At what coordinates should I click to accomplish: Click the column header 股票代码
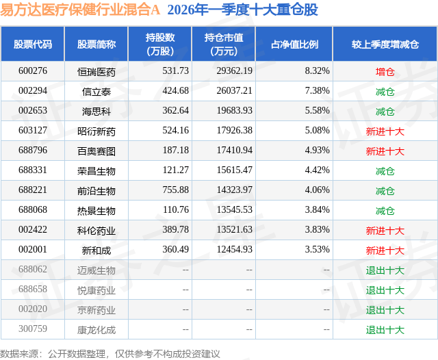pyautogui.click(x=33, y=44)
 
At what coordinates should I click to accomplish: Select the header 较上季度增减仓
pyautogui.click(x=385, y=44)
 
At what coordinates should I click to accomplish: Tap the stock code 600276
pyautogui.click(x=33, y=71)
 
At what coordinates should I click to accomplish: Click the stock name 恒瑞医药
pyautogui.click(x=96, y=71)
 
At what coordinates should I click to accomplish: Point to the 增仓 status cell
pyautogui.click(x=385, y=71)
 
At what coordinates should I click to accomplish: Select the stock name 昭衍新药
pyautogui.click(x=96, y=131)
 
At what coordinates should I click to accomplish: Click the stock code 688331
pyautogui.click(x=33, y=171)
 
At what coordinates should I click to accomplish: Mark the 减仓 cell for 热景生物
pyautogui.click(x=385, y=211)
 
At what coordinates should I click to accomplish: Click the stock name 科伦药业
pyautogui.click(x=96, y=231)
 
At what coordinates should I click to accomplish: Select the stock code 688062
pyautogui.click(x=33, y=270)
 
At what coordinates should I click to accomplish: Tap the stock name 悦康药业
pyautogui.click(x=96, y=290)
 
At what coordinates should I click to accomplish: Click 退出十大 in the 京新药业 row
pyautogui.click(x=385, y=310)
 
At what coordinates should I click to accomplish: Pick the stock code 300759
pyautogui.click(x=33, y=330)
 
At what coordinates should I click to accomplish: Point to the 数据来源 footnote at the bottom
pyautogui.click(x=110, y=353)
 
